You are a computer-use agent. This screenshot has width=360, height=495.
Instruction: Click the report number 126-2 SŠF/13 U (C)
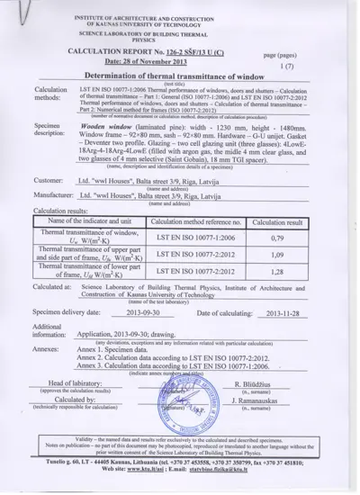pyautogui.click(x=209, y=52)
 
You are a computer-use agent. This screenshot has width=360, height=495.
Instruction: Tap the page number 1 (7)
pyautogui.click(x=287, y=67)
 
